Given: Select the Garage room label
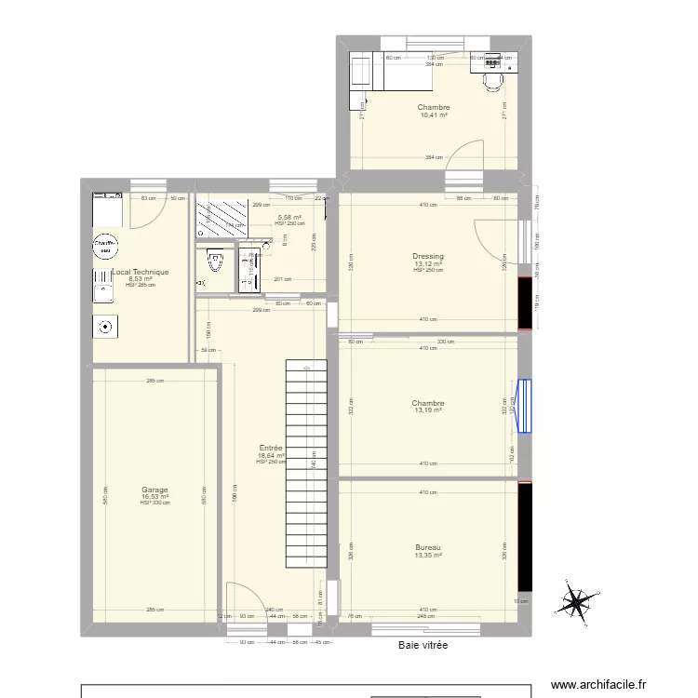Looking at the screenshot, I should click(154, 490).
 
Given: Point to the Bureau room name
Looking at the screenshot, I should click(428, 547).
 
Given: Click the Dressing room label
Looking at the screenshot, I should click(428, 256).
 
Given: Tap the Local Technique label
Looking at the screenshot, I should click(141, 272).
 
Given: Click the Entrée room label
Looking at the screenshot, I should click(271, 448).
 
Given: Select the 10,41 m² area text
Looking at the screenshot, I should click(434, 115).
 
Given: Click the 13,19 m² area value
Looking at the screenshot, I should click(428, 410).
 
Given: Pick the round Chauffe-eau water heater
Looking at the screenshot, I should click(106, 246).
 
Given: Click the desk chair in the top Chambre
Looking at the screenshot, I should click(491, 83).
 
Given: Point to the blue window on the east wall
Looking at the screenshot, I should click(526, 406).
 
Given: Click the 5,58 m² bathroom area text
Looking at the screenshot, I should click(289, 218).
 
